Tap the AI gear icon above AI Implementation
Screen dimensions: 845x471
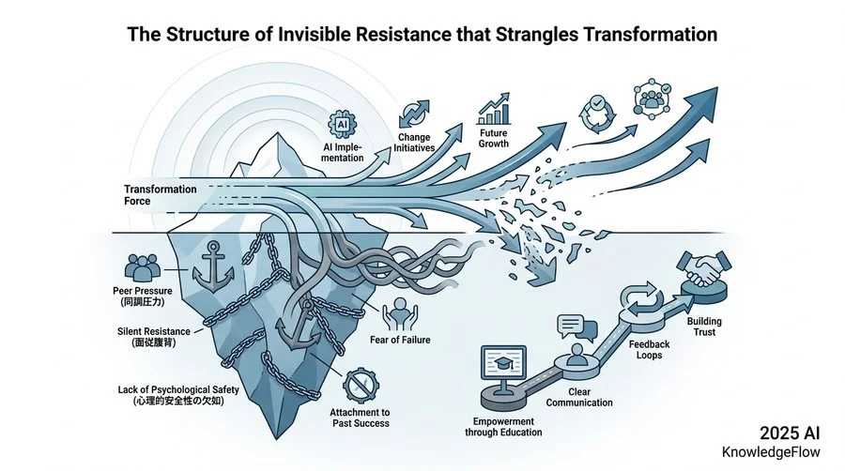342,125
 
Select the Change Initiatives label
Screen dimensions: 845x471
414,143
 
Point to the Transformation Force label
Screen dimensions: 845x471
160,195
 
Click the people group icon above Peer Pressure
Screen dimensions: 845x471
143,267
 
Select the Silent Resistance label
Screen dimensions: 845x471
154,337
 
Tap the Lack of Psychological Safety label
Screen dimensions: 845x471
178,395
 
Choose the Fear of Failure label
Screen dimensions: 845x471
400,340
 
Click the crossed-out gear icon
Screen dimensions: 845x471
361,386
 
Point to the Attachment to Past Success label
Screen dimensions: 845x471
360,418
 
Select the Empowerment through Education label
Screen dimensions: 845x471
503,427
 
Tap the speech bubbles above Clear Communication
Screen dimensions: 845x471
577,327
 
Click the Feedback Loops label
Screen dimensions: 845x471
650,349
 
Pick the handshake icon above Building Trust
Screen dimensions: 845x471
704,268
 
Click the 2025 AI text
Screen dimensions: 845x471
790,433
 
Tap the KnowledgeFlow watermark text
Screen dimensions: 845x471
771,452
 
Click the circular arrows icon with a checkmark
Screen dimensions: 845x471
596,114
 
